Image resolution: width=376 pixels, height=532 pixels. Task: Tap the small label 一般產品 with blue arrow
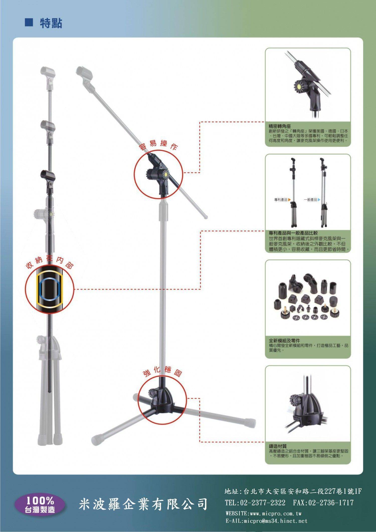[x=312, y=200]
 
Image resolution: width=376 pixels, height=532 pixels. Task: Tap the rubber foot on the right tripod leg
[x=250, y=422]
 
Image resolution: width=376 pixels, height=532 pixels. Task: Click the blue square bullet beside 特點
[x=29, y=23]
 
